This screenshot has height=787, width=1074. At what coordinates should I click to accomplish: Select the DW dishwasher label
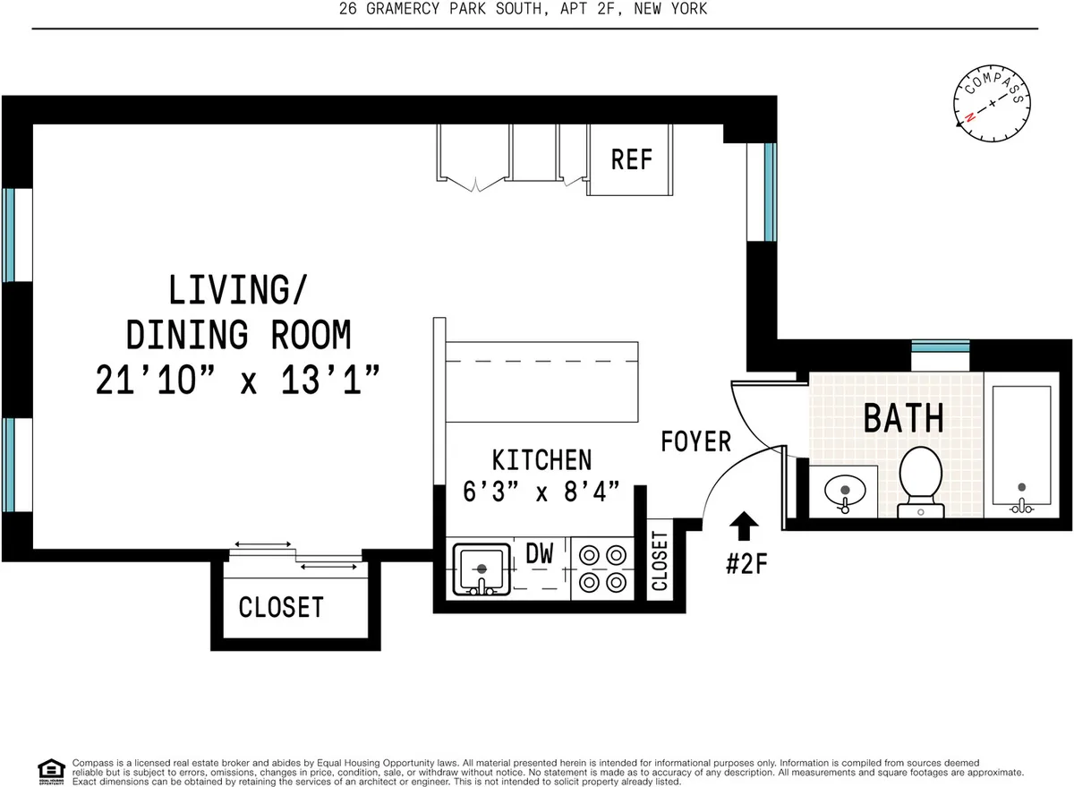coord(539,555)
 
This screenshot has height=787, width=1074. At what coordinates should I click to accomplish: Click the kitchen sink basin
coord(482,569)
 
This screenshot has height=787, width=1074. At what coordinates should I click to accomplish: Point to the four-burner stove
coord(601,569)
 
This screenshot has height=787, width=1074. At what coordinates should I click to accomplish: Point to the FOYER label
coord(695,441)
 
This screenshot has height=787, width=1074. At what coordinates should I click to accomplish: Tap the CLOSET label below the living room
coord(280,607)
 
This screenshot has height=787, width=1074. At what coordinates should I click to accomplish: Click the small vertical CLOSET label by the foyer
coord(660,561)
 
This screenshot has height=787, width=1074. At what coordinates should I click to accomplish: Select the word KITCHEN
coord(541,460)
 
